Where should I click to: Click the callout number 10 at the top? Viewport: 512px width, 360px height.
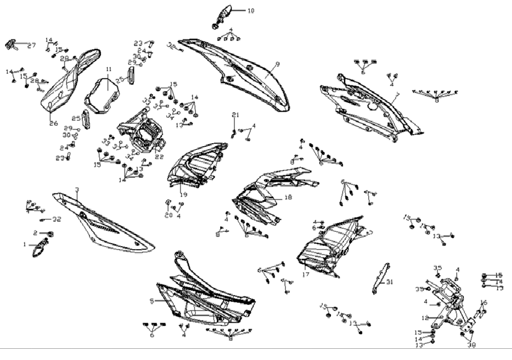click(x=250, y=11)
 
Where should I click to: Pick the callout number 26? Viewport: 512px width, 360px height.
click(x=53, y=123)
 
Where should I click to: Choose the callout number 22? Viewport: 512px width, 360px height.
click(x=159, y=157)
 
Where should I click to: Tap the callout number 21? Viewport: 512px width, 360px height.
click(x=235, y=115)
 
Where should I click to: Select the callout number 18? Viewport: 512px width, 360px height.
click(x=288, y=198)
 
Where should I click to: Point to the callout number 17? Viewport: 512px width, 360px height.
click(x=305, y=274)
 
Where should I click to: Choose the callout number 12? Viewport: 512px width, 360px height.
click(x=425, y=318)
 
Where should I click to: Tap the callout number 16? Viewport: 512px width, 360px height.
click(x=484, y=302)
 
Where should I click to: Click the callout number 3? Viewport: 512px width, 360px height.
click(x=76, y=190)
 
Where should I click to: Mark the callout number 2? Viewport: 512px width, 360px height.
click(x=35, y=233)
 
